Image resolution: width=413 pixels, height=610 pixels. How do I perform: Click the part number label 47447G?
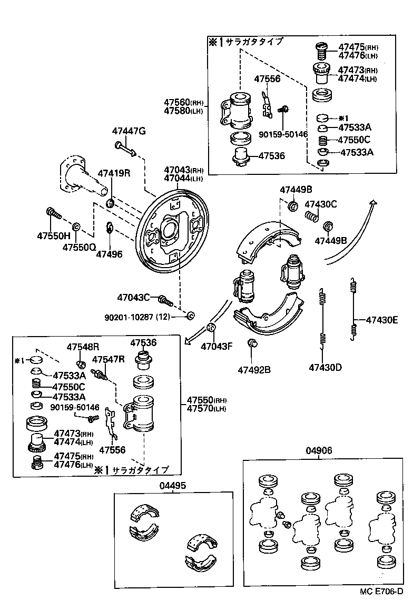click(x=129, y=131)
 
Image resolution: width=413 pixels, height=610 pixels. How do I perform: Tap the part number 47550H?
click(x=53, y=235)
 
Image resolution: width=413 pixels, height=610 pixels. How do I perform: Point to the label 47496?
click(x=109, y=254)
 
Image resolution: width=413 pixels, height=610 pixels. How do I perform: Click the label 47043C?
click(x=134, y=298)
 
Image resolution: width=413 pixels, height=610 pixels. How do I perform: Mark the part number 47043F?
click(x=217, y=346)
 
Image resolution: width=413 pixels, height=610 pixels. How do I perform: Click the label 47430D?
click(x=325, y=367)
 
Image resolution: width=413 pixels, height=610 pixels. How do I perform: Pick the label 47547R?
click(x=109, y=359)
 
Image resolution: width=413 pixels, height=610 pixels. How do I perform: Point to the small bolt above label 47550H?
click(x=53, y=214)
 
